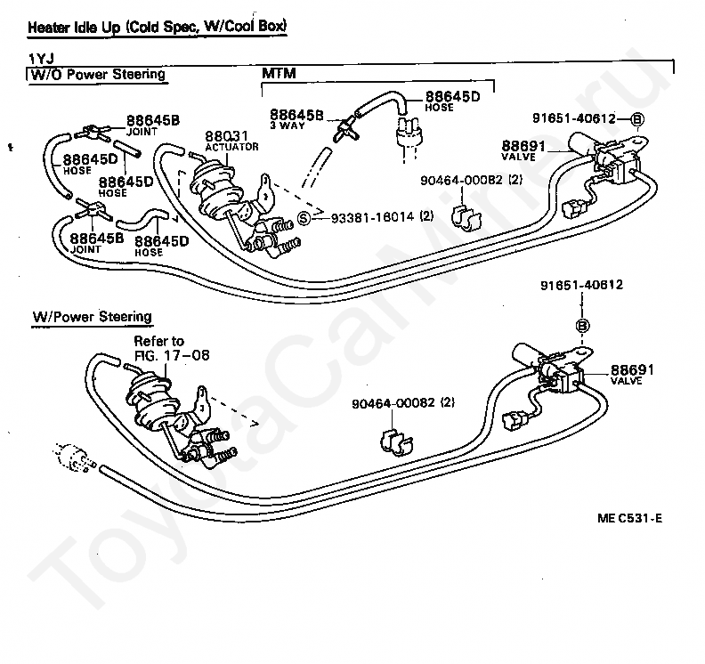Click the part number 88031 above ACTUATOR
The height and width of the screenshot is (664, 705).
(x=226, y=136)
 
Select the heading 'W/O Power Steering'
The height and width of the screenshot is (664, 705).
(x=98, y=74)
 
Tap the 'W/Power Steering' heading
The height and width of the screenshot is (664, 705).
(x=93, y=317)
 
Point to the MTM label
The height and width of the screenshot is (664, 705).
(x=279, y=73)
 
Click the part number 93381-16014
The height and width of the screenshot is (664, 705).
(x=373, y=217)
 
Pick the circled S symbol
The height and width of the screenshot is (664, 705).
(x=304, y=218)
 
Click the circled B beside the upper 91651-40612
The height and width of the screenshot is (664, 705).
(x=637, y=119)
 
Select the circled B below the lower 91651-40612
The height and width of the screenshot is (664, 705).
(x=583, y=326)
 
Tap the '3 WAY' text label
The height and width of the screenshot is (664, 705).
(x=288, y=126)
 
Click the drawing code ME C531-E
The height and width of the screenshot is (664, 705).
(x=629, y=518)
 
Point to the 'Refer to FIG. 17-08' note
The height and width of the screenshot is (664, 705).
(x=172, y=348)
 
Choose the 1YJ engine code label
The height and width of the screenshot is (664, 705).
(x=41, y=59)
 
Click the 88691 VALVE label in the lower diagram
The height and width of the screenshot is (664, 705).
(x=632, y=374)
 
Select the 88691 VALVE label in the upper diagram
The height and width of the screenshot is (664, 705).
(x=523, y=150)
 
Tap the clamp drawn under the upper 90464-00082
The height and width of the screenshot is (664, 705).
(x=466, y=217)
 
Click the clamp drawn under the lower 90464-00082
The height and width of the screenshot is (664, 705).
(x=396, y=441)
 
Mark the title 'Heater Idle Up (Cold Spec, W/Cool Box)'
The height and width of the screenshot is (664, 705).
(x=157, y=27)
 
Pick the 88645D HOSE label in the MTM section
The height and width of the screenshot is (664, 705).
(x=452, y=101)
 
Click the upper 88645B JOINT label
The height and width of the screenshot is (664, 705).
(x=153, y=125)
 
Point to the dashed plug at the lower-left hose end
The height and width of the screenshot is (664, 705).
(x=72, y=458)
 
